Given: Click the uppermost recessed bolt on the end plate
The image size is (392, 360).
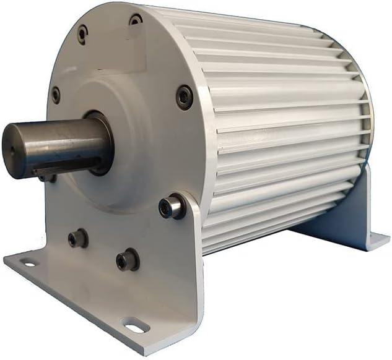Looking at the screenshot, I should (x=136, y=20).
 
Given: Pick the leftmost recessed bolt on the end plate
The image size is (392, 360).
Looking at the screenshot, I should (x=56, y=95).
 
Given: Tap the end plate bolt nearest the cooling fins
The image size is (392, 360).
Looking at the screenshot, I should (x=184, y=97).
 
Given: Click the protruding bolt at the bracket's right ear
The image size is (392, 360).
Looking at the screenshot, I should (x=172, y=207).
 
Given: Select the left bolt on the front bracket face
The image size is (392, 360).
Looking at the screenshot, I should (x=77, y=238).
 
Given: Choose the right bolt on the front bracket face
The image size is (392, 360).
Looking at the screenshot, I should (x=127, y=259).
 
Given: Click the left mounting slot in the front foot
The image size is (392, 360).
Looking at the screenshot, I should (x=28, y=264).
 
